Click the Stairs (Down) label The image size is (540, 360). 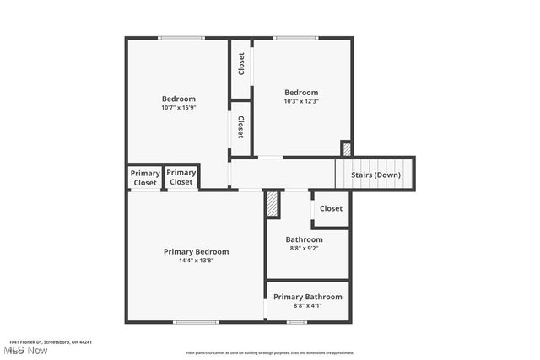(x=375, y=175)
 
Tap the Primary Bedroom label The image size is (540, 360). (x=196, y=251)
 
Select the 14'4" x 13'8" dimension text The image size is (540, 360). (x=196, y=261)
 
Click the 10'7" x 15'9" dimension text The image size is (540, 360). (x=179, y=108)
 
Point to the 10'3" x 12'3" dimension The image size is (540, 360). (x=301, y=101)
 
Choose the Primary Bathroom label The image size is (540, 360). (x=308, y=297)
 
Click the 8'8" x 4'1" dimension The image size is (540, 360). (x=308, y=305)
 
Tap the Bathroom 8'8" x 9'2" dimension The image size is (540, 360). (x=304, y=249)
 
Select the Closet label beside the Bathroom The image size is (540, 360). (x=331, y=208)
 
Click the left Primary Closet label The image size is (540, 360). (x=145, y=178)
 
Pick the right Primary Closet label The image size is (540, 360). (x=181, y=178)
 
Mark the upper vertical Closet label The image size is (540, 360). (x=241, y=64)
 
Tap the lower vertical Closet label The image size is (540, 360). (x=241, y=127)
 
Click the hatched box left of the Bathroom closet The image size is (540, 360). (x=272, y=203)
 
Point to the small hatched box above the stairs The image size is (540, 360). (x=346, y=149)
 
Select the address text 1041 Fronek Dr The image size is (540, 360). (x=51, y=342)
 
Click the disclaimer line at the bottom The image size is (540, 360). (x=270, y=353)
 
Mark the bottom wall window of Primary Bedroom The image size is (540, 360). (x=196, y=321)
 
